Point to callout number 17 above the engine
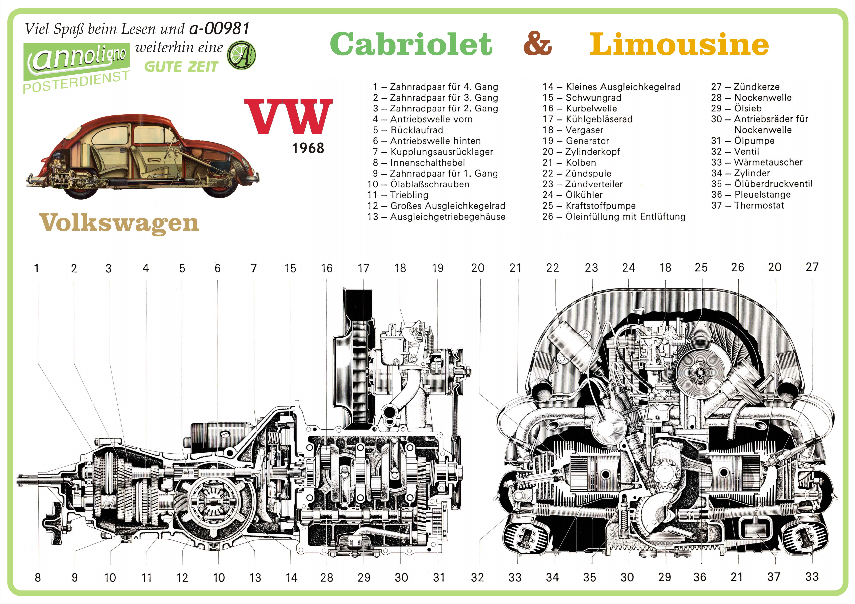363,268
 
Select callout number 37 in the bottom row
773,577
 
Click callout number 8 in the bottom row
38,578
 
